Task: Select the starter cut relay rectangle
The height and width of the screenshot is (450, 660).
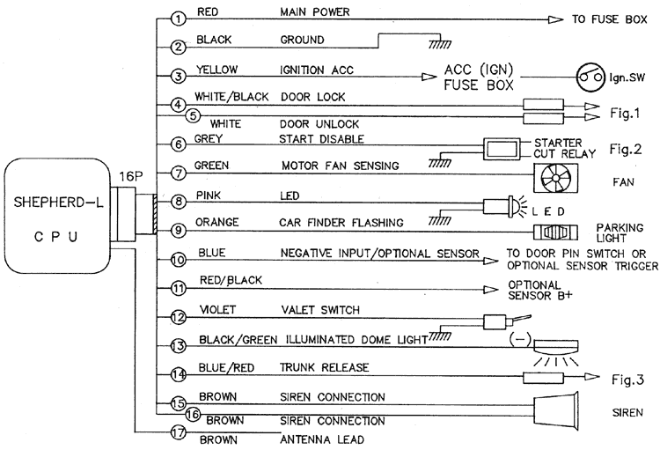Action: [504, 146]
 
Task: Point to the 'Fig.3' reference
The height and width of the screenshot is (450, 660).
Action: [627, 380]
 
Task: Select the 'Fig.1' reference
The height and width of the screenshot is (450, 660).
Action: [627, 113]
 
